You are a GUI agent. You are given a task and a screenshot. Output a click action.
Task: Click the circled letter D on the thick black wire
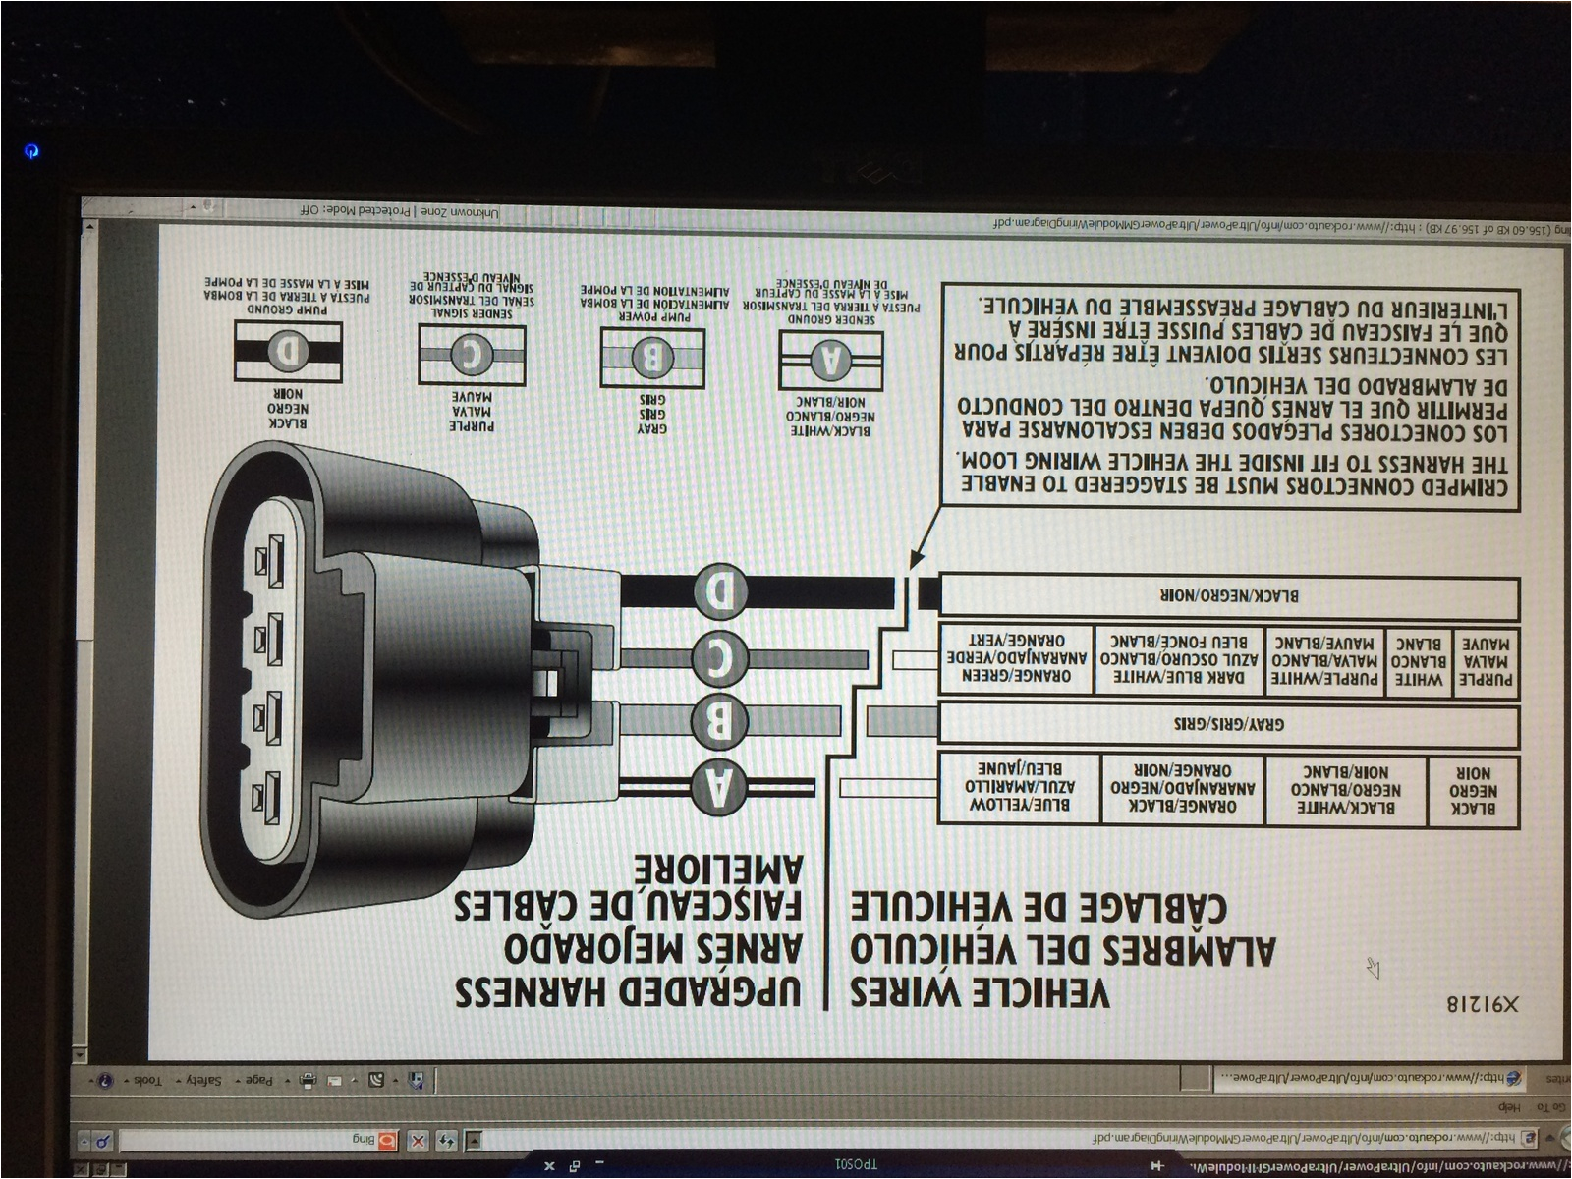click(x=720, y=591)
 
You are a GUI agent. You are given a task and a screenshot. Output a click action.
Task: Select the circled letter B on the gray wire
click(x=720, y=723)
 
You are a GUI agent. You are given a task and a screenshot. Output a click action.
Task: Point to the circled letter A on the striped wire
click(x=720, y=787)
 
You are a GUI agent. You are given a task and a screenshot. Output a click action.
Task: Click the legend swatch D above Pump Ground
click(x=288, y=351)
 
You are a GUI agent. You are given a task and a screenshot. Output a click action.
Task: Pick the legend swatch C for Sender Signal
click(x=472, y=356)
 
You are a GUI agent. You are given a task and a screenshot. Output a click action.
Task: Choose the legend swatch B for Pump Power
click(x=652, y=358)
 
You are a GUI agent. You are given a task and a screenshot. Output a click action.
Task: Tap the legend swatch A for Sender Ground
click(x=831, y=361)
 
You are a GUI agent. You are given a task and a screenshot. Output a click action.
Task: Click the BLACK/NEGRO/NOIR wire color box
click(x=1228, y=596)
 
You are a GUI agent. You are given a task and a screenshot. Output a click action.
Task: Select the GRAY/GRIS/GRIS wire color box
click(x=1228, y=724)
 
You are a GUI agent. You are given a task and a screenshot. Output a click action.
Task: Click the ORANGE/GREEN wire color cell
click(x=1016, y=658)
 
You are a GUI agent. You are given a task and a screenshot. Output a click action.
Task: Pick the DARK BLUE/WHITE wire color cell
click(x=1179, y=658)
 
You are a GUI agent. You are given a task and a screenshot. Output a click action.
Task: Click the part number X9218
click(x=1482, y=1004)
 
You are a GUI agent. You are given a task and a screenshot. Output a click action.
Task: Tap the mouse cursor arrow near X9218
click(x=1373, y=968)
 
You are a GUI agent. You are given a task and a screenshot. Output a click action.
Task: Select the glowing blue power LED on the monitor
click(x=31, y=151)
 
